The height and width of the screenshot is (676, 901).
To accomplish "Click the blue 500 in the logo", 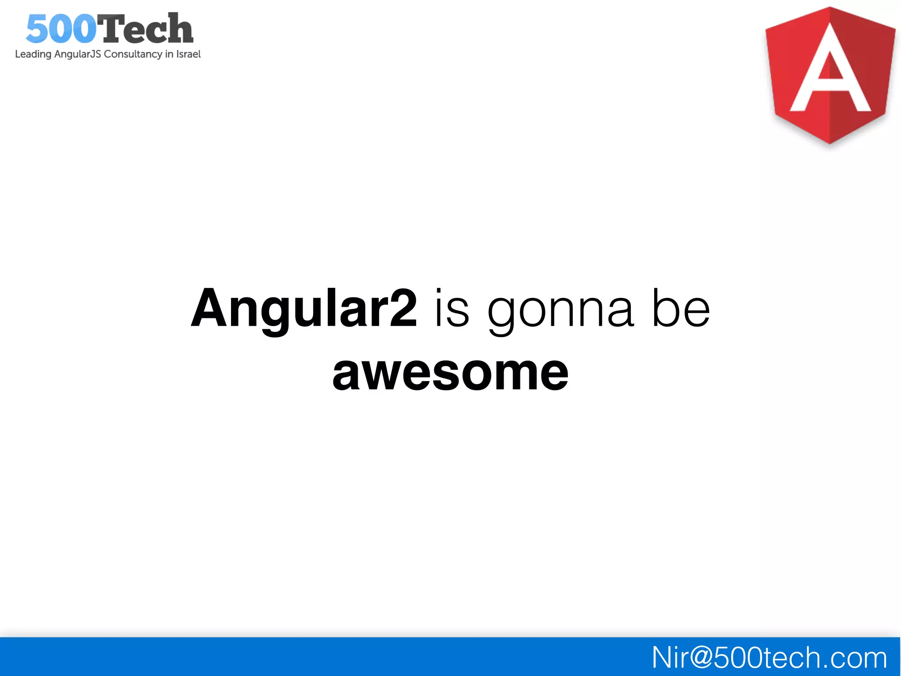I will pos(61,29).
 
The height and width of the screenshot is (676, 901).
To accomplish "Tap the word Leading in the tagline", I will pos(33,54).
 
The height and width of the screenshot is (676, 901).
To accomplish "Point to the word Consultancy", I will pos(133,54).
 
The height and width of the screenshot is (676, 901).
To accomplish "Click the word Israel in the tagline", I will pos(188,54).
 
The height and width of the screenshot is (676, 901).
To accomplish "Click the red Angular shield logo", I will pos(830,75).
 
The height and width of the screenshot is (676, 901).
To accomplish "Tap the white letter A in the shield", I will pos(830,70).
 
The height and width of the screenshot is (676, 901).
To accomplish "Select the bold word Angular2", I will pos(304,308).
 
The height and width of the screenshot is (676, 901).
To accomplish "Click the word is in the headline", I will pos(452,308).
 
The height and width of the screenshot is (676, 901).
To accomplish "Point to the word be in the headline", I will pos(681,308).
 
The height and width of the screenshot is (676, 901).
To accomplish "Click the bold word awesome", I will pos(450,373).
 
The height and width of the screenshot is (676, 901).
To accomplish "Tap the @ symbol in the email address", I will pos(701,658).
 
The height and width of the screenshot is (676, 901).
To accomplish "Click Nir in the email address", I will pos(670,658).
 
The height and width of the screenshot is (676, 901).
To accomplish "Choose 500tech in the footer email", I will pos(767,658).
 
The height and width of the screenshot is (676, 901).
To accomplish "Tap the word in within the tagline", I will pos(169,54).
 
